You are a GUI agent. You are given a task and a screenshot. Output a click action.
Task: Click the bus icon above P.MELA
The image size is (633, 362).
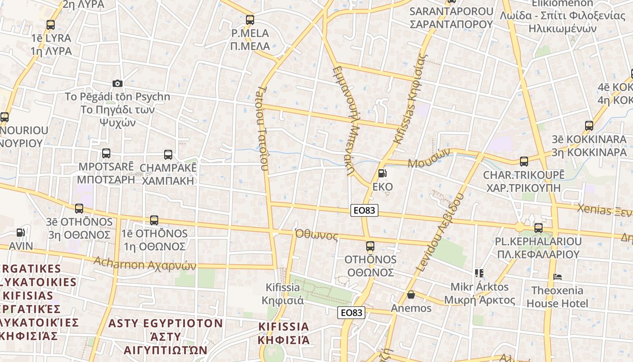250,19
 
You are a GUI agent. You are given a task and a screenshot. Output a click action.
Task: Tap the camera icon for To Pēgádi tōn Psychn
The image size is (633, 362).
118,83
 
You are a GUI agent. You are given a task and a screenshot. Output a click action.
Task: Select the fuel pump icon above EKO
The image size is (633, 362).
382,173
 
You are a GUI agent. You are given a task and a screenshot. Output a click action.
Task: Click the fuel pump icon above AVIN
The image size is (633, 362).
21,233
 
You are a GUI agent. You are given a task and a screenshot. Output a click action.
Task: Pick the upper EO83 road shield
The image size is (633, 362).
364,210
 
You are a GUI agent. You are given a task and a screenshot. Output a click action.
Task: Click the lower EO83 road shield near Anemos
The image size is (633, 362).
351,312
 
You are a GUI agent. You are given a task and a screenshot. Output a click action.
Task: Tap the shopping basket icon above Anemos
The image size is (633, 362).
411,295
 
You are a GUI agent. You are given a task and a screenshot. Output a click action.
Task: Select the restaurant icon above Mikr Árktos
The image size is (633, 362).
479,273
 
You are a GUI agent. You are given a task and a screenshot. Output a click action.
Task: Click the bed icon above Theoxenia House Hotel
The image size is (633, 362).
557,276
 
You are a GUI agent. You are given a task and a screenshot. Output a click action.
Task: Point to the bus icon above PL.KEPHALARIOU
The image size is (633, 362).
538,228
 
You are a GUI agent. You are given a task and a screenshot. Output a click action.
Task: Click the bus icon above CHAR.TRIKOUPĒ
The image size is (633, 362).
524,161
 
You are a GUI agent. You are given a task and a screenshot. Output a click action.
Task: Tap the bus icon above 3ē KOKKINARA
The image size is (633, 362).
589,125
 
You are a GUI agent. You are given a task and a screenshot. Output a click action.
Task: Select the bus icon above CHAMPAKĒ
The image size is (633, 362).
168,154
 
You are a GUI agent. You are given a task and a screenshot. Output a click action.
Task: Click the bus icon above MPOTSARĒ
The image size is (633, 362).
106,153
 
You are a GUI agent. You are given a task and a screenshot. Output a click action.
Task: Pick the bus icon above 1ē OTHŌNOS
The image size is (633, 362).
154,220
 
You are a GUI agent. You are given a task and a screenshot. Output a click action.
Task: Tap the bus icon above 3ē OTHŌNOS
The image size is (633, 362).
79,209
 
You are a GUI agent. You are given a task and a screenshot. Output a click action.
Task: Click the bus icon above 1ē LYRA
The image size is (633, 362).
51,25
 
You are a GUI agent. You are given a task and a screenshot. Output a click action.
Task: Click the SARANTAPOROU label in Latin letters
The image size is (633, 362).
451,11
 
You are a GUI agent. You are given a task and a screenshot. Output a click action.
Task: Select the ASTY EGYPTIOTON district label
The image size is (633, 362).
165,324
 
